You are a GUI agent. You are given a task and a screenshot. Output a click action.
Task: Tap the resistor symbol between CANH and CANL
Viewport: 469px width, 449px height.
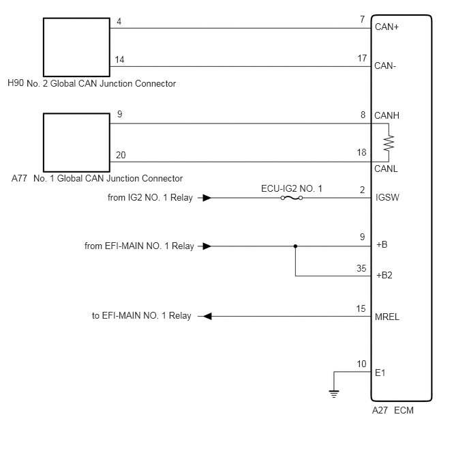(389, 143)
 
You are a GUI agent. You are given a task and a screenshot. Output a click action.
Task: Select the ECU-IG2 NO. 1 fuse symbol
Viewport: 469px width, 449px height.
(292, 198)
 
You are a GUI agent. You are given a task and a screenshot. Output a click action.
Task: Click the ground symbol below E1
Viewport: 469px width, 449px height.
(334, 394)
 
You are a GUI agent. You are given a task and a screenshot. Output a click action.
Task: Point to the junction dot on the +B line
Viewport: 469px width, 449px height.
(295, 246)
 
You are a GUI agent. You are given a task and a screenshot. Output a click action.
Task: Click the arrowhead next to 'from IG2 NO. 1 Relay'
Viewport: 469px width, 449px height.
(207, 198)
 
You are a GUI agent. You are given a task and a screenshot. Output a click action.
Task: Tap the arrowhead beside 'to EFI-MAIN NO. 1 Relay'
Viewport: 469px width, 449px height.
(207, 317)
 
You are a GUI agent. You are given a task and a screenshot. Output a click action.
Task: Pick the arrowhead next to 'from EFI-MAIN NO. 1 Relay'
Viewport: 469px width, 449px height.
(207, 246)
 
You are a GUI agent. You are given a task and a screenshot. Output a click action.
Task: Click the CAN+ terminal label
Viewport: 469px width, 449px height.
(387, 27)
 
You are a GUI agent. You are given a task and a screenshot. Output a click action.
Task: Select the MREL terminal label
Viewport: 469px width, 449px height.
(387, 317)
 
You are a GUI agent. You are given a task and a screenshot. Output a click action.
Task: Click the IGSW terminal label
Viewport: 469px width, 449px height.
(387, 197)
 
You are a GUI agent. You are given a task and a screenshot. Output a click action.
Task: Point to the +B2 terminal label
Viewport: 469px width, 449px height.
(384, 275)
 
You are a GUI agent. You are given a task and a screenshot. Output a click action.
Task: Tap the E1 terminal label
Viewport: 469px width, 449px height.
(380, 373)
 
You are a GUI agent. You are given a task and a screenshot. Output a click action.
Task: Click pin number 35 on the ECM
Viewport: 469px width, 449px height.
(361, 268)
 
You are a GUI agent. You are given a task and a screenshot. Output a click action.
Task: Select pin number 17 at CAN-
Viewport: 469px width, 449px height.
(362, 58)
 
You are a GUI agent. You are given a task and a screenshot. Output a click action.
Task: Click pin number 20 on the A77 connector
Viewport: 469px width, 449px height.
(121, 155)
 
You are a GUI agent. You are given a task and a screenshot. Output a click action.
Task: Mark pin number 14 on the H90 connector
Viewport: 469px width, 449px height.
(119, 59)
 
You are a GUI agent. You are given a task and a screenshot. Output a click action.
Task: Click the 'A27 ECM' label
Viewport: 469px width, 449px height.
(393, 410)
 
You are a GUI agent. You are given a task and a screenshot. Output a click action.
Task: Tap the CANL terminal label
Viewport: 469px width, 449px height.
(386, 169)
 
